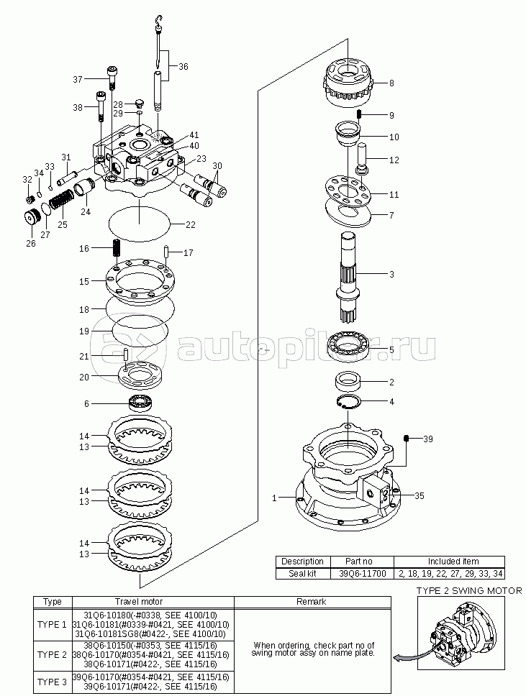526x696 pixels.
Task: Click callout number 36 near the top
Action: click(x=183, y=67)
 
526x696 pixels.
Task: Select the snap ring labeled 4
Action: click(x=348, y=401)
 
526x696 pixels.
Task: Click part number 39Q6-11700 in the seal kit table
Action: click(x=359, y=574)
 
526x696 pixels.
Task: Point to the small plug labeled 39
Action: click(x=406, y=439)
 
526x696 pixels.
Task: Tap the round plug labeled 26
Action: click(x=32, y=217)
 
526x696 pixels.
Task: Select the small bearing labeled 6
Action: click(x=141, y=403)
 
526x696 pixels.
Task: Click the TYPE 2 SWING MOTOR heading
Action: click(x=469, y=591)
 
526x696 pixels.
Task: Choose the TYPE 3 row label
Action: click(x=52, y=682)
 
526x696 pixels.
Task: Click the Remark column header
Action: click(x=312, y=602)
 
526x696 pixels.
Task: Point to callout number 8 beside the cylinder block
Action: click(x=391, y=83)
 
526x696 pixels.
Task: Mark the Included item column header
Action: click(x=453, y=561)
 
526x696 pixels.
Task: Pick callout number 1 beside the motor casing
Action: click(x=275, y=498)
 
